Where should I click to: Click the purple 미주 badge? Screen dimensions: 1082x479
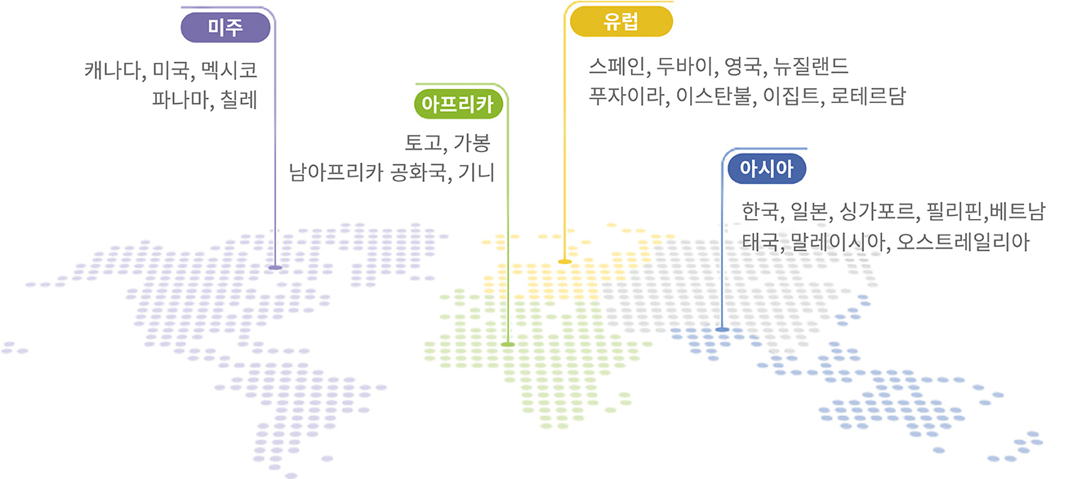click(225, 28)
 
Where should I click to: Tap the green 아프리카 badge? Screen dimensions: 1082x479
click(458, 104)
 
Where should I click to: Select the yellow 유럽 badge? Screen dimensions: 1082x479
click(621, 22)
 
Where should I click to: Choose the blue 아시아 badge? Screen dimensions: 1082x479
click(767, 168)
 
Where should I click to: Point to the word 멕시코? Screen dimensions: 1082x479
click(229, 70)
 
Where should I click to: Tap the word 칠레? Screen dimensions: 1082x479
click(238, 100)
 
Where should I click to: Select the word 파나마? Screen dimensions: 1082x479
click(180, 100)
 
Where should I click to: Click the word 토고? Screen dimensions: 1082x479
click(422, 142)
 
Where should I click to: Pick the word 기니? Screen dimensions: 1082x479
click(476, 172)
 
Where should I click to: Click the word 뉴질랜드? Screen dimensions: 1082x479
click(811, 66)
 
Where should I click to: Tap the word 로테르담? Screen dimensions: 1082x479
click(868, 96)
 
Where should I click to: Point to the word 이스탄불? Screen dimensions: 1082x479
click(714, 96)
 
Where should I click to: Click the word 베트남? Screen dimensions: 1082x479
click(1017, 211)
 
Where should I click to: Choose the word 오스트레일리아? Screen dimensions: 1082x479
click(963, 242)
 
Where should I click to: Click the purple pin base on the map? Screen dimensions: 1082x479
click(275, 267)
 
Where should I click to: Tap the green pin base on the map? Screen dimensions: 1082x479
click(508, 344)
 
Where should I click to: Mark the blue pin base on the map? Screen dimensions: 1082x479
click(722, 329)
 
